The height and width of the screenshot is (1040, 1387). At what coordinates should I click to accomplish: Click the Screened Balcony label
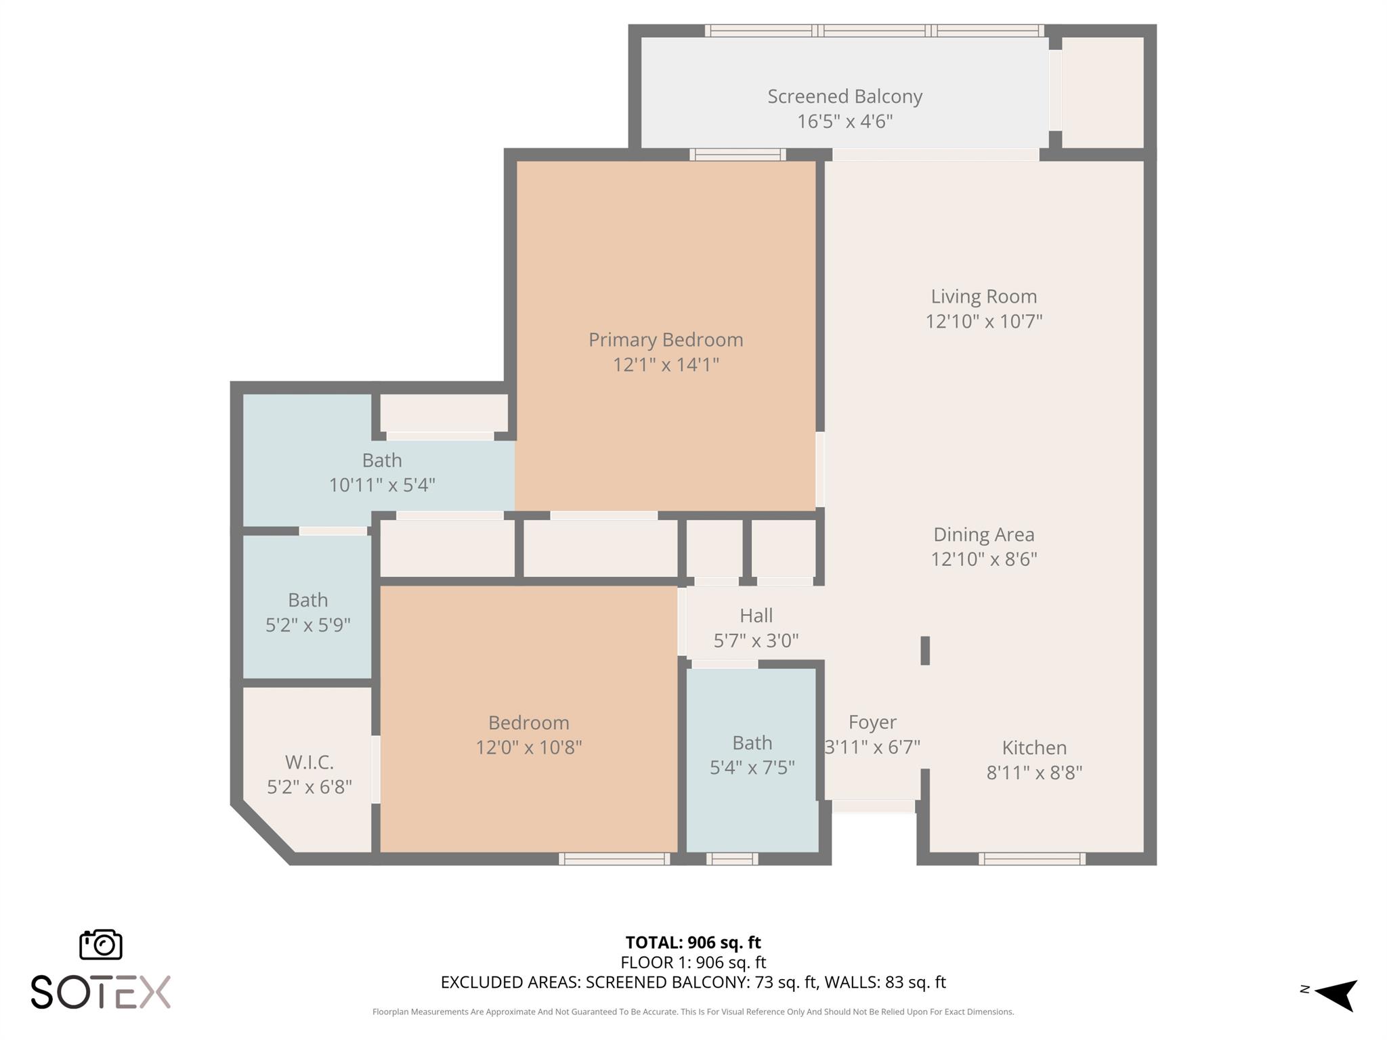pyautogui.click(x=845, y=97)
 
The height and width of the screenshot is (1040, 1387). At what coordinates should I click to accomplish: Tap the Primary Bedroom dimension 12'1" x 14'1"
pyautogui.click(x=665, y=365)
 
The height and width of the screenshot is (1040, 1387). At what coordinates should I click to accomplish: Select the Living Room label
pyautogui.click(x=983, y=297)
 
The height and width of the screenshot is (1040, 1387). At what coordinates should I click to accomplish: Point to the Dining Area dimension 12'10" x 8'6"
pyautogui.click(x=983, y=559)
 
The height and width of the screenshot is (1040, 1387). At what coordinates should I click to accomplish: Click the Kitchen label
pyautogui.click(x=1034, y=747)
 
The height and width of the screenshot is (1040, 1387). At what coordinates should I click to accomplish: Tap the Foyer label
pyautogui.click(x=872, y=722)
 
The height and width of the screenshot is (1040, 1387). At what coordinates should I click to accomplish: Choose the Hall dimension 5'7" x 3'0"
pyautogui.click(x=756, y=641)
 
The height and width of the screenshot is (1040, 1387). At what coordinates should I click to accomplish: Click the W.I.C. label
pyautogui.click(x=309, y=762)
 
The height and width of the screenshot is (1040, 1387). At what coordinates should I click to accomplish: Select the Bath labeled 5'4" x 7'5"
pyautogui.click(x=752, y=743)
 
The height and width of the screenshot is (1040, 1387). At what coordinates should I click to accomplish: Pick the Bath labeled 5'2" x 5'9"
pyautogui.click(x=307, y=601)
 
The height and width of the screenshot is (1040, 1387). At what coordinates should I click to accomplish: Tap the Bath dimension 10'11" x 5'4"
pyautogui.click(x=381, y=485)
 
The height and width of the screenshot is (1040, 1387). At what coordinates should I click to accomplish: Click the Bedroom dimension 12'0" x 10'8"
pyautogui.click(x=528, y=747)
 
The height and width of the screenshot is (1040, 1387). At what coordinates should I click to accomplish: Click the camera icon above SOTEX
pyautogui.click(x=101, y=945)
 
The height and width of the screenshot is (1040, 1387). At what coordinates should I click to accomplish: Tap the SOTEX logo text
pyautogui.click(x=101, y=992)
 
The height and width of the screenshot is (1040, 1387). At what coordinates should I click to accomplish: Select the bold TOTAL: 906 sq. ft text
pyautogui.click(x=693, y=942)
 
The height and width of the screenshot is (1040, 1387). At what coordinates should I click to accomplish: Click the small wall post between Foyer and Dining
pyautogui.click(x=925, y=651)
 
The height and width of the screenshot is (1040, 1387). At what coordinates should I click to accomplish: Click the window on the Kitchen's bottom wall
pyautogui.click(x=1031, y=859)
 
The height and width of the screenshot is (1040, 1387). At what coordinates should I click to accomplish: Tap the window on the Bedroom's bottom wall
pyautogui.click(x=614, y=859)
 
